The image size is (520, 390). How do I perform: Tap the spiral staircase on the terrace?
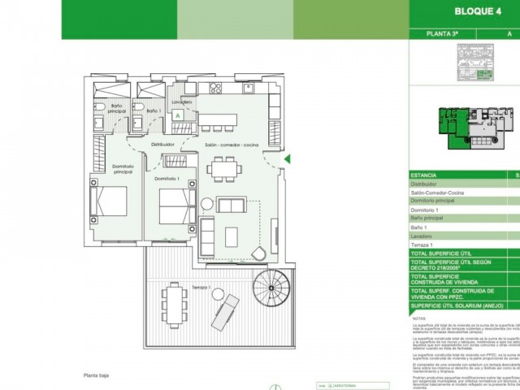tap(270, 288)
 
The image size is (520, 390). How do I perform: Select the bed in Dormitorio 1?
tap(174, 207)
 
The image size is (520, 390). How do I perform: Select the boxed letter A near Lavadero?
tap(177, 116)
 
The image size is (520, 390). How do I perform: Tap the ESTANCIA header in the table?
tap(424, 175)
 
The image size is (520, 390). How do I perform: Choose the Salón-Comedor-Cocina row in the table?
tap(439, 193)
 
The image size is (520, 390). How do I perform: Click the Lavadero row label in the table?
tap(423, 236)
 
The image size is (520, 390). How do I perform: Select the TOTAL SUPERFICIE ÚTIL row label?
tap(442, 254)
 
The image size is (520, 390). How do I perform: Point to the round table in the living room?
tap(206, 204)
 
